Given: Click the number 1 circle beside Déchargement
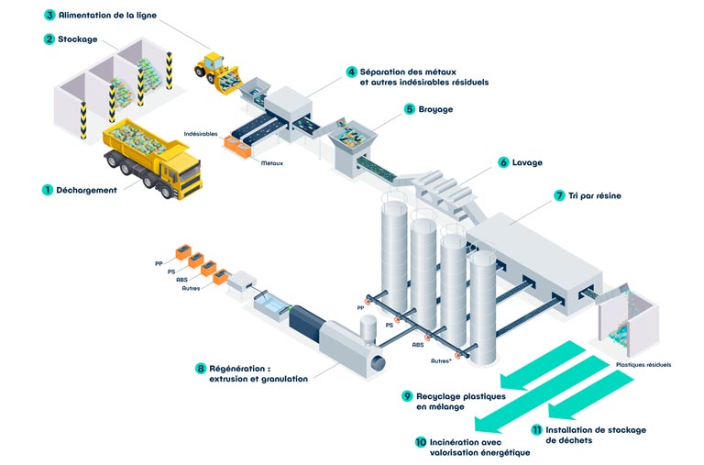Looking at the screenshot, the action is point(47,190).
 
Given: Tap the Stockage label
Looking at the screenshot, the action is point(78,39).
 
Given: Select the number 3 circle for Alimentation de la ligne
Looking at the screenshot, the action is point(49,16).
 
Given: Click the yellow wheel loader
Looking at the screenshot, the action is point(217,72).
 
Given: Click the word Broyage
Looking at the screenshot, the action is point(435,109).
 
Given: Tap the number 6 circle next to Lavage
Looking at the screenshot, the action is point(503,162).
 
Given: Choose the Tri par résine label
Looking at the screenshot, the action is point(594,196).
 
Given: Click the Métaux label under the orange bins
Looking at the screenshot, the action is point(272,163).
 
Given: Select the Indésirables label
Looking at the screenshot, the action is point(201,134).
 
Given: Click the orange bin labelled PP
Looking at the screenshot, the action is point(183,252).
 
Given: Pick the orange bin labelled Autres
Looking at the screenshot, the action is point(220,277).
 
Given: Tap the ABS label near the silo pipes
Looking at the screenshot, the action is point(418,345).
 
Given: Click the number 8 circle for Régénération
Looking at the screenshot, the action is point(200,369).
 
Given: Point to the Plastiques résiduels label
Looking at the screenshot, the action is point(643,365).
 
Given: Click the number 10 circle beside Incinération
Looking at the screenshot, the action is point(421,442).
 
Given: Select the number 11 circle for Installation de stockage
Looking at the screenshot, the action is point(536,430).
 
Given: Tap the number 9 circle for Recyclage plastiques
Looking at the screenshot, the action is point(407,396).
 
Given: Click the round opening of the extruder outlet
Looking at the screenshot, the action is point(378,362).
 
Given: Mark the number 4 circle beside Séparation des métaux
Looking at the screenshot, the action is point(352,72).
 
